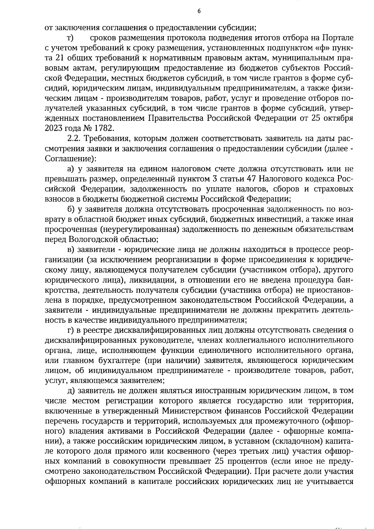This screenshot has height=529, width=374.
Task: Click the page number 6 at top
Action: tap(199, 12)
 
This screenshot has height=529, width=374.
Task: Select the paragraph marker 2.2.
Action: tap(74, 138)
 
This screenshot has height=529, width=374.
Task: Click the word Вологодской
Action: tap(90, 239)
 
